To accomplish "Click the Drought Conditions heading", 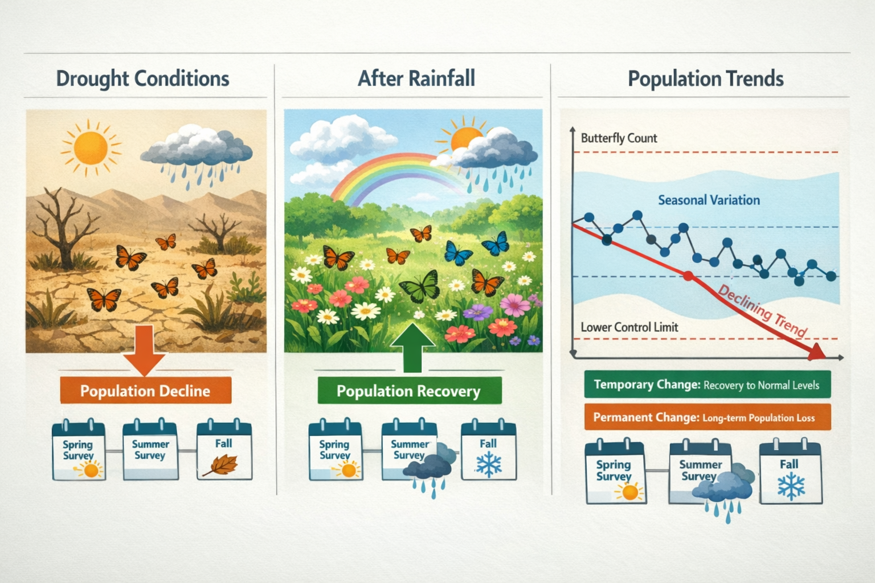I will tap(142, 79).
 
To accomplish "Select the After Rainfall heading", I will tap(416, 79).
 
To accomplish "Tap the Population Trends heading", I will tap(705, 79).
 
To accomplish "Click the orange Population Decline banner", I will tap(145, 391).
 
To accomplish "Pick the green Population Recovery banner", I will tap(409, 391).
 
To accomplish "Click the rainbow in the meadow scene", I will tap(393, 171).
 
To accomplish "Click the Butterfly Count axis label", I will tap(619, 138).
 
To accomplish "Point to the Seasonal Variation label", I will tap(709, 200).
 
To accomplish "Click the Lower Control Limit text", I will tap(629, 327).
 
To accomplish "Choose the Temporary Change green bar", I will tap(707, 385).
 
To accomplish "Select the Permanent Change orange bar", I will tap(707, 417).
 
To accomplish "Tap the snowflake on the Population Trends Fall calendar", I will tap(791, 487).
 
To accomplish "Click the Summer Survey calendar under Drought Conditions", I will tap(150, 450).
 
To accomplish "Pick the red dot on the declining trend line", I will tap(688, 276).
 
